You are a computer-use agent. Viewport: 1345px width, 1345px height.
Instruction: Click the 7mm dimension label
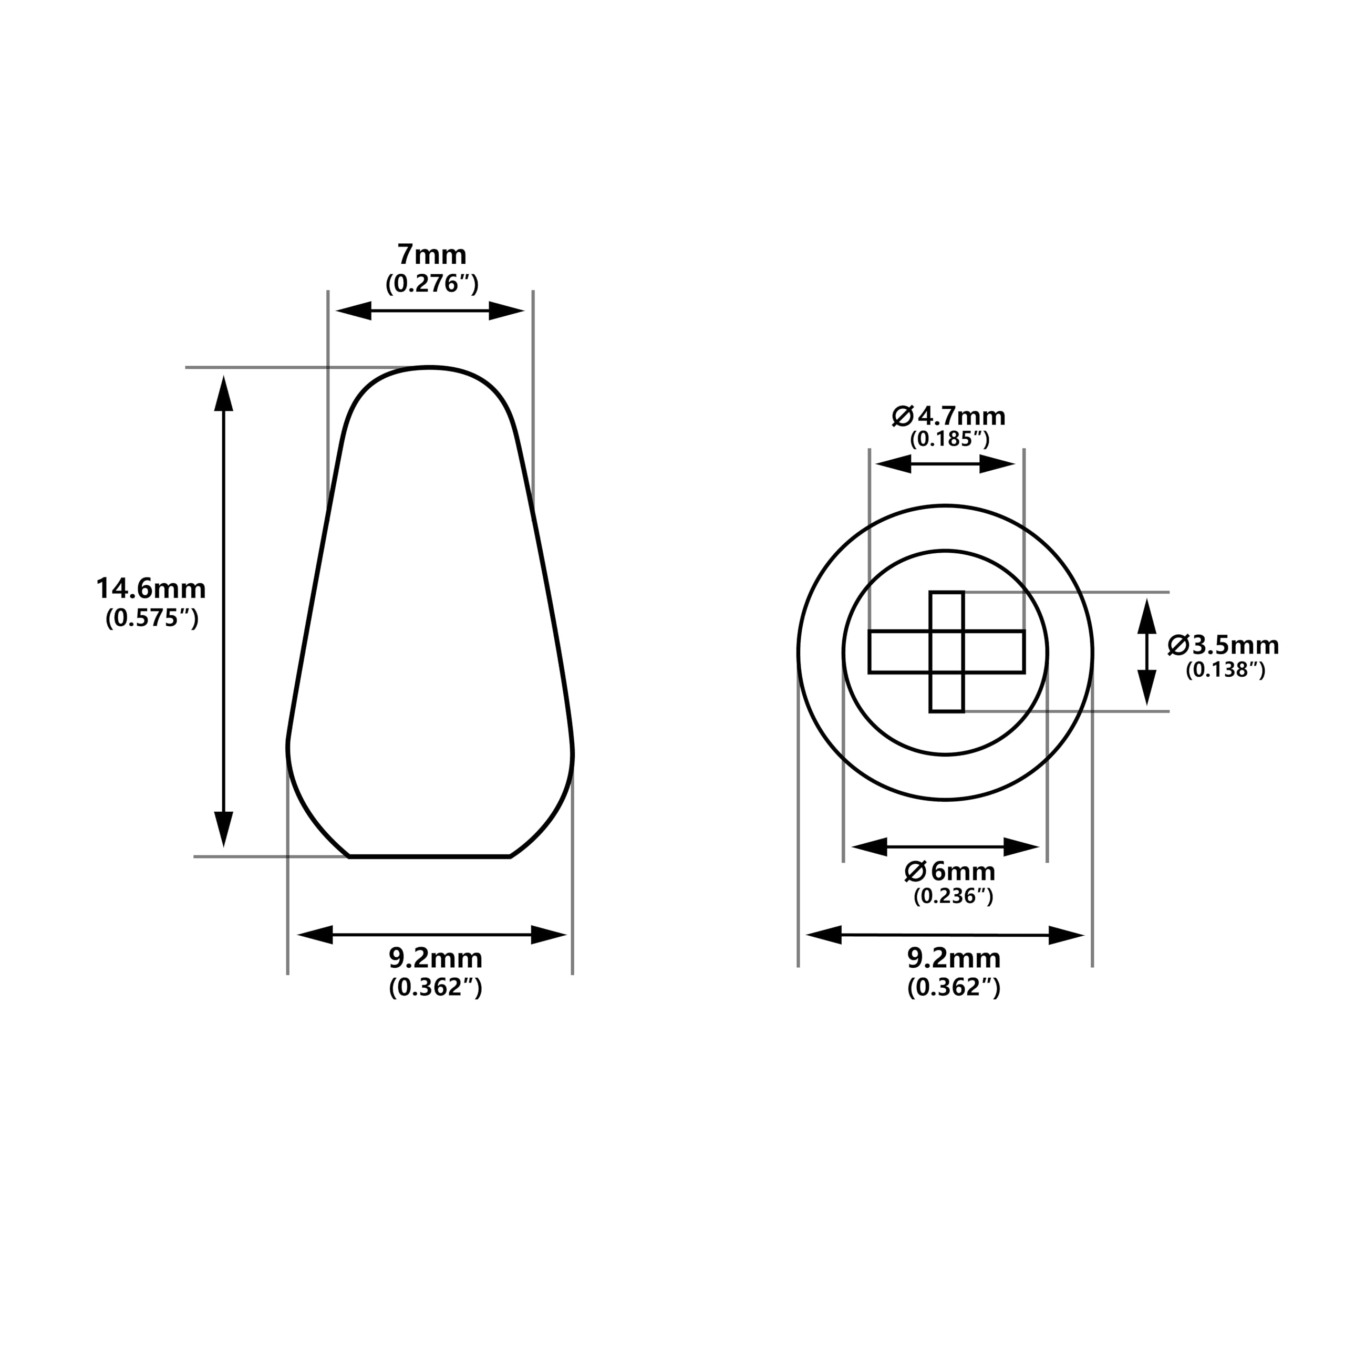432,255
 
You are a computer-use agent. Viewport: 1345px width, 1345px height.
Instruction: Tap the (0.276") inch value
432,284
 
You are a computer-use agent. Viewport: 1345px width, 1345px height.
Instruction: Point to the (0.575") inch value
152,618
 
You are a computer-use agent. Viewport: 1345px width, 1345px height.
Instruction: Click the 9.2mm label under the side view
435,959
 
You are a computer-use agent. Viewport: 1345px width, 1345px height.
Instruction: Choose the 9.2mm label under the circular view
953,959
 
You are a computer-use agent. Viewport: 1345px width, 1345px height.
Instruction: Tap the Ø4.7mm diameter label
949,416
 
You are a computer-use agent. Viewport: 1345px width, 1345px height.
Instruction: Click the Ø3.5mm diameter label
1223,645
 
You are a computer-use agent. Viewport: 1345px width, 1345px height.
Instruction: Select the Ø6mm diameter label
949,872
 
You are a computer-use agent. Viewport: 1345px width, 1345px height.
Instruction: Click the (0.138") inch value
1225,670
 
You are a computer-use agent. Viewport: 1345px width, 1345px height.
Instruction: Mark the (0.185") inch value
949,439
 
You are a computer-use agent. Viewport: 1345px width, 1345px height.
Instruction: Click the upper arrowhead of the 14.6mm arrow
223,394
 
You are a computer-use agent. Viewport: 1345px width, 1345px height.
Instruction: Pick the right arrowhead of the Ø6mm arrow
1021,847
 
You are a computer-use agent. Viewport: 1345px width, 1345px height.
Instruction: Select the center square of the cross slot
947,651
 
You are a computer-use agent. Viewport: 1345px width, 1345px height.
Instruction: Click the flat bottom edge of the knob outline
430,856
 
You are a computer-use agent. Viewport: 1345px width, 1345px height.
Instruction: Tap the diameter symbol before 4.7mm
902,416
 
